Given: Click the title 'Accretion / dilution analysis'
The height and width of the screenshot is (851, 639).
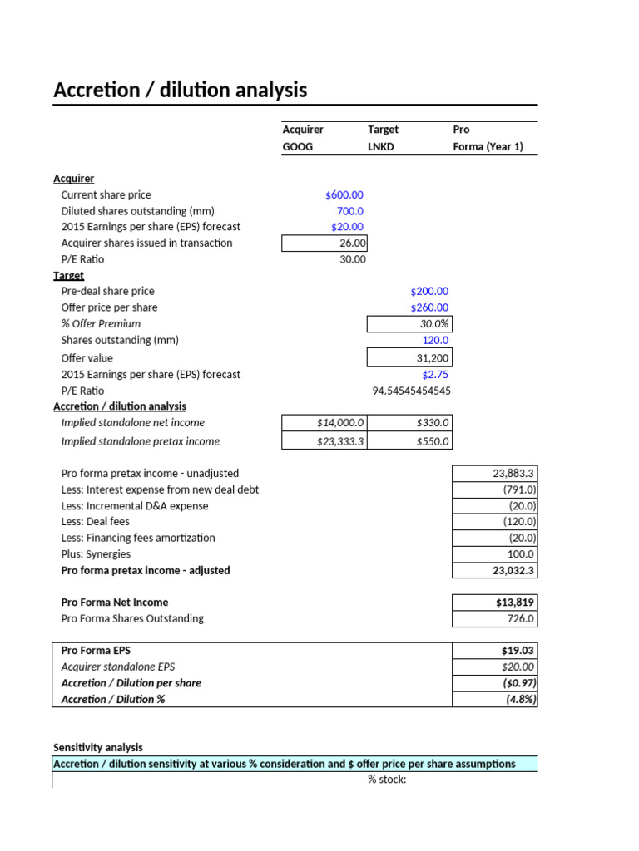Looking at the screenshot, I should coord(180,90).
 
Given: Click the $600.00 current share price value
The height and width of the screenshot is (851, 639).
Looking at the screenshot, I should coord(344,194).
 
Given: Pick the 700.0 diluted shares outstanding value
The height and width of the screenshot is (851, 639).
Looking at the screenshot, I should coord(349,211).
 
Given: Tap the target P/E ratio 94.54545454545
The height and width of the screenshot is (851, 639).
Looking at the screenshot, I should coord(411,391).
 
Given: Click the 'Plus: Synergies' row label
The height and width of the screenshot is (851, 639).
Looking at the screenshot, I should coord(96,554).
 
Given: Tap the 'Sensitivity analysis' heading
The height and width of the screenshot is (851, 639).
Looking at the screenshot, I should coord(97,747).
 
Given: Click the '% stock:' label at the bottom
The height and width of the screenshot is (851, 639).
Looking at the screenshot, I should coord(387,780).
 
